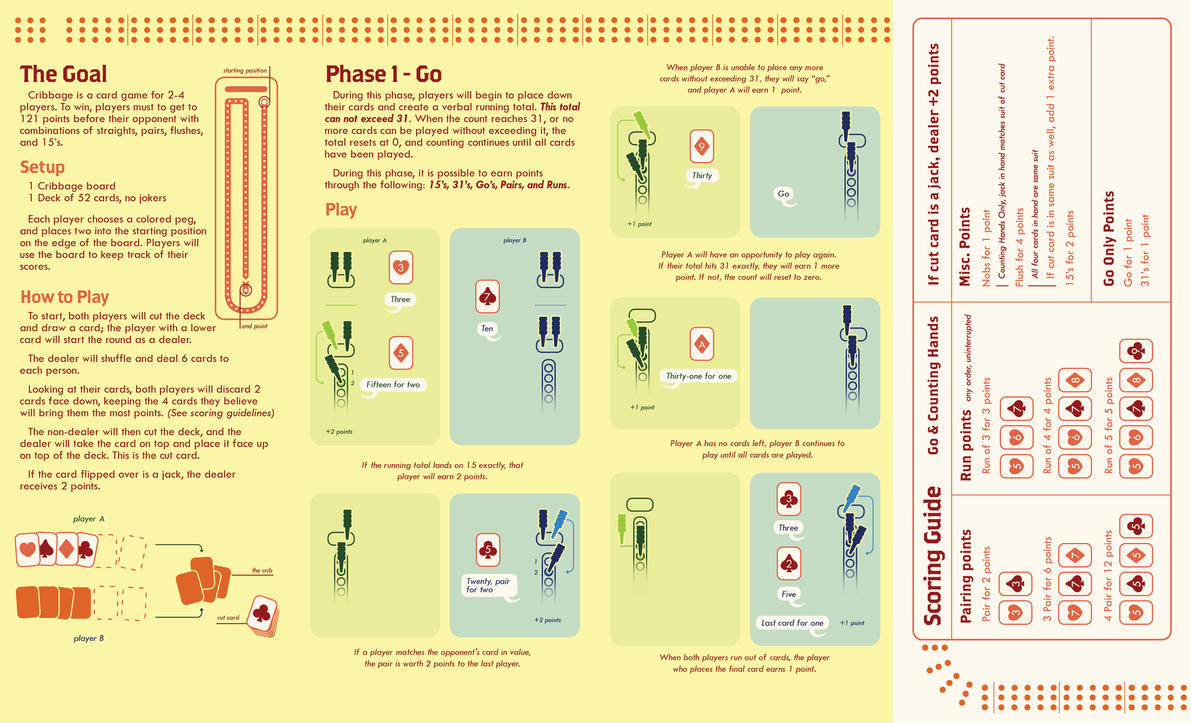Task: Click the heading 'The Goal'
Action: click(x=63, y=74)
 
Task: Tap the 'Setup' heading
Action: click(x=42, y=167)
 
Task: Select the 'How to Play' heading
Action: click(x=64, y=297)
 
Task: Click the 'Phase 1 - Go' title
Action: click(x=384, y=74)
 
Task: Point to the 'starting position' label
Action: click(x=244, y=70)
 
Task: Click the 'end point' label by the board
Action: click(x=254, y=326)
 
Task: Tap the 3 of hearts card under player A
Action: click(x=401, y=267)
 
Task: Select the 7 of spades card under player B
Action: click(x=487, y=296)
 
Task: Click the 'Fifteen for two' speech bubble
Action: click(x=393, y=385)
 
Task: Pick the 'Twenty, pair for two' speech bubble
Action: click(x=488, y=585)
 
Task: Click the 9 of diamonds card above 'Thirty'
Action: click(x=702, y=146)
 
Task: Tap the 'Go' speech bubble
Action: click(x=783, y=194)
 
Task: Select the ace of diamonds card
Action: click(x=702, y=344)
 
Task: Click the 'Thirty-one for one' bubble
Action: click(x=698, y=376)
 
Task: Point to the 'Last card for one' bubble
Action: click(x=792, y=623)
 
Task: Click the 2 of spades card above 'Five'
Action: click(x=789, y=563)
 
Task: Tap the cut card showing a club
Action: click(x=262, y=613)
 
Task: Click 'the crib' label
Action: click(x=262, y=570)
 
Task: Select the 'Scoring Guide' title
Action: click(x=933, y=556)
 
